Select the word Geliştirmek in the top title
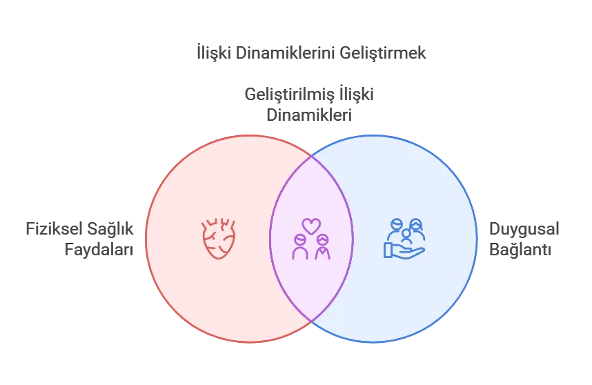(382, 53)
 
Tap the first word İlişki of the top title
(214, 53)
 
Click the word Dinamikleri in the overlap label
(309, 115)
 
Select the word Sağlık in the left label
(110, 230)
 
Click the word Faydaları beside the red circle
(99, 250)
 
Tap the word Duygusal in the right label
(524, 230)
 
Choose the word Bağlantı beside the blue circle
(520, 250)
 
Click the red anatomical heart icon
(219, 238)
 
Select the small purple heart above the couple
(311, 226)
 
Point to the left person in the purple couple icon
(300, 247)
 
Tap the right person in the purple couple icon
(323, 247)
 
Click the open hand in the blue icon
(404, 250)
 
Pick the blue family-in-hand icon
(404, 239)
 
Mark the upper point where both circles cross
(311, 155)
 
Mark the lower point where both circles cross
(311, 322)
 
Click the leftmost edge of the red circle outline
(146, 239)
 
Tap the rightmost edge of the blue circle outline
(477, 239)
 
